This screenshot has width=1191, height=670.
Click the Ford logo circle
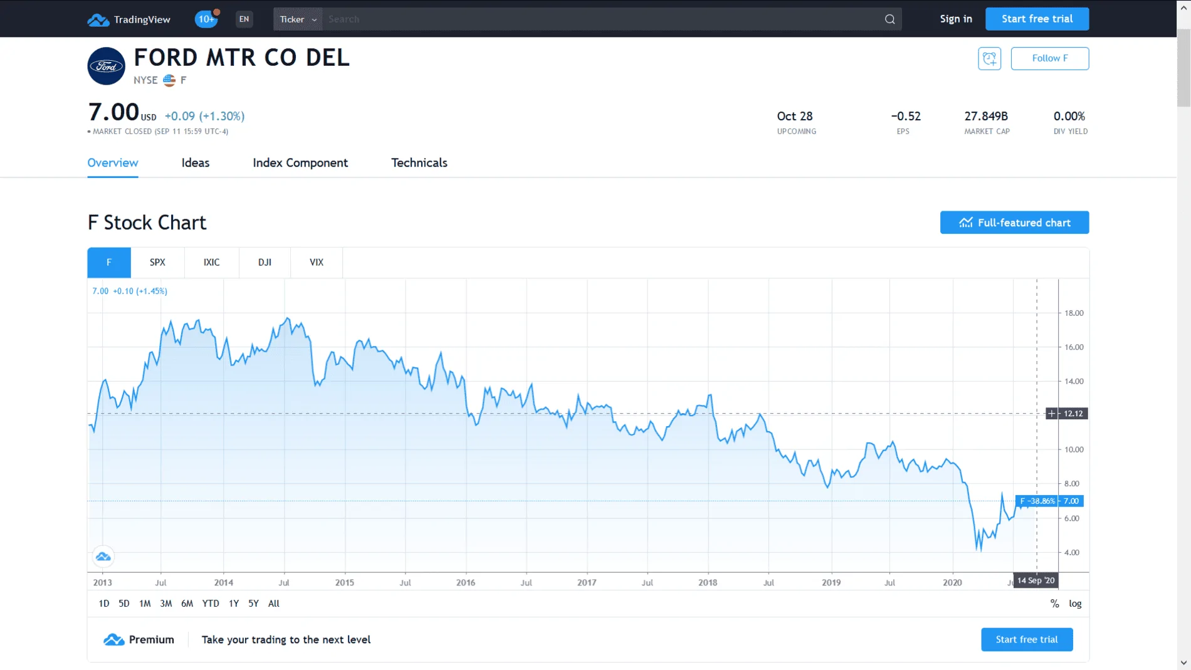tap(106, 66)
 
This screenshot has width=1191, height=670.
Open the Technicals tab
tap(419, 163)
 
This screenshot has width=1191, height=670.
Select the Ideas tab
tap(196, 163)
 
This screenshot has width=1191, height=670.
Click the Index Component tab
tap(300, 163)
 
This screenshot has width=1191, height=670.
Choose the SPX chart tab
tap(157, 263)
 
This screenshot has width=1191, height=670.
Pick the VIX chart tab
tap(317, 263)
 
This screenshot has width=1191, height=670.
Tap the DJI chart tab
tap(265, 263)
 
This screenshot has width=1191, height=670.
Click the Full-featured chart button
tap(1014, 222)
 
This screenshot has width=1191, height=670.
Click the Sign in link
tap(956, 19)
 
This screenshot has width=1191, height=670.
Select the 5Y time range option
tap(253, 604)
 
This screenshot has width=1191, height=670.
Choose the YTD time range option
tap(211, 604)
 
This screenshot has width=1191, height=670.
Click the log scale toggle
tap(1075, 604)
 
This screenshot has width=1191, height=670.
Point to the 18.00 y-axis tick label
tap(1074, 313)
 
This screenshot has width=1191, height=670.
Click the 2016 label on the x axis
tap(466, 582)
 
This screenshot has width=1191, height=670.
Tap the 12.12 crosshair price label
tap(1073, 414)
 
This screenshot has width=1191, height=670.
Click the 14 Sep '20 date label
tap(1036, 580)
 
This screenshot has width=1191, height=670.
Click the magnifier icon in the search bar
tap(889, 19)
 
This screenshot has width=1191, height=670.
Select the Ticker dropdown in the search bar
tap(298, 19)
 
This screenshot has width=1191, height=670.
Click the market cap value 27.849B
tap(986, 116)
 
